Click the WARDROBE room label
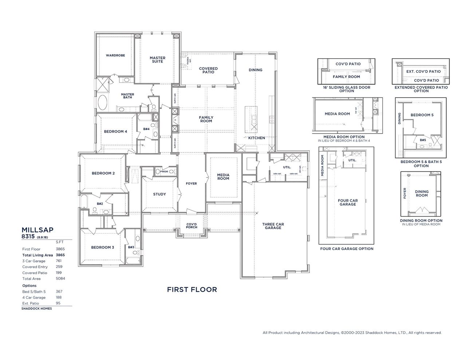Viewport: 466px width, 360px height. [x=115, y=55]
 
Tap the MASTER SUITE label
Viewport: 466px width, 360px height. [x=157, y=60]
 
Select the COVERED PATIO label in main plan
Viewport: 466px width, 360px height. [x=208, y=70]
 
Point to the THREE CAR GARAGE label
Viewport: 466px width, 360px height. [x=273, y=226]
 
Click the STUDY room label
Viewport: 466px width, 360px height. [x=159, y=194]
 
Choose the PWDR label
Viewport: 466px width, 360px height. [x=164, y=171]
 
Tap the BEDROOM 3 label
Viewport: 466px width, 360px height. [x=103, y=248]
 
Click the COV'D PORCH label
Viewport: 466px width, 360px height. [x=191, y=226]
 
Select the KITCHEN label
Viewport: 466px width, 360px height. [x=257, y=138]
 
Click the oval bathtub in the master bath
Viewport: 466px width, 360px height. [x=102, y=103]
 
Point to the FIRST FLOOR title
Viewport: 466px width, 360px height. [x=192, y=290]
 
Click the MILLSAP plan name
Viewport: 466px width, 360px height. [x=37, y=230]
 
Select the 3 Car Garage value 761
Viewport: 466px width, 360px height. [x=59, y=261]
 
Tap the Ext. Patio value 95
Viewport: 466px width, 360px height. [x=58, y=303]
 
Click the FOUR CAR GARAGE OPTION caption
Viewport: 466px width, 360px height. [x=347, y=249]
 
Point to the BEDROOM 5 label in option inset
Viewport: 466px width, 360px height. [x=422, y=115]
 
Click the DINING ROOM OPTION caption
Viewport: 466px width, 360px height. [x=421, y=221]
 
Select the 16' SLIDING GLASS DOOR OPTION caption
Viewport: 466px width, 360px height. [x=347, y=89]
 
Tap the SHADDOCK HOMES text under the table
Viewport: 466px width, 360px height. [x=37, y=309]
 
